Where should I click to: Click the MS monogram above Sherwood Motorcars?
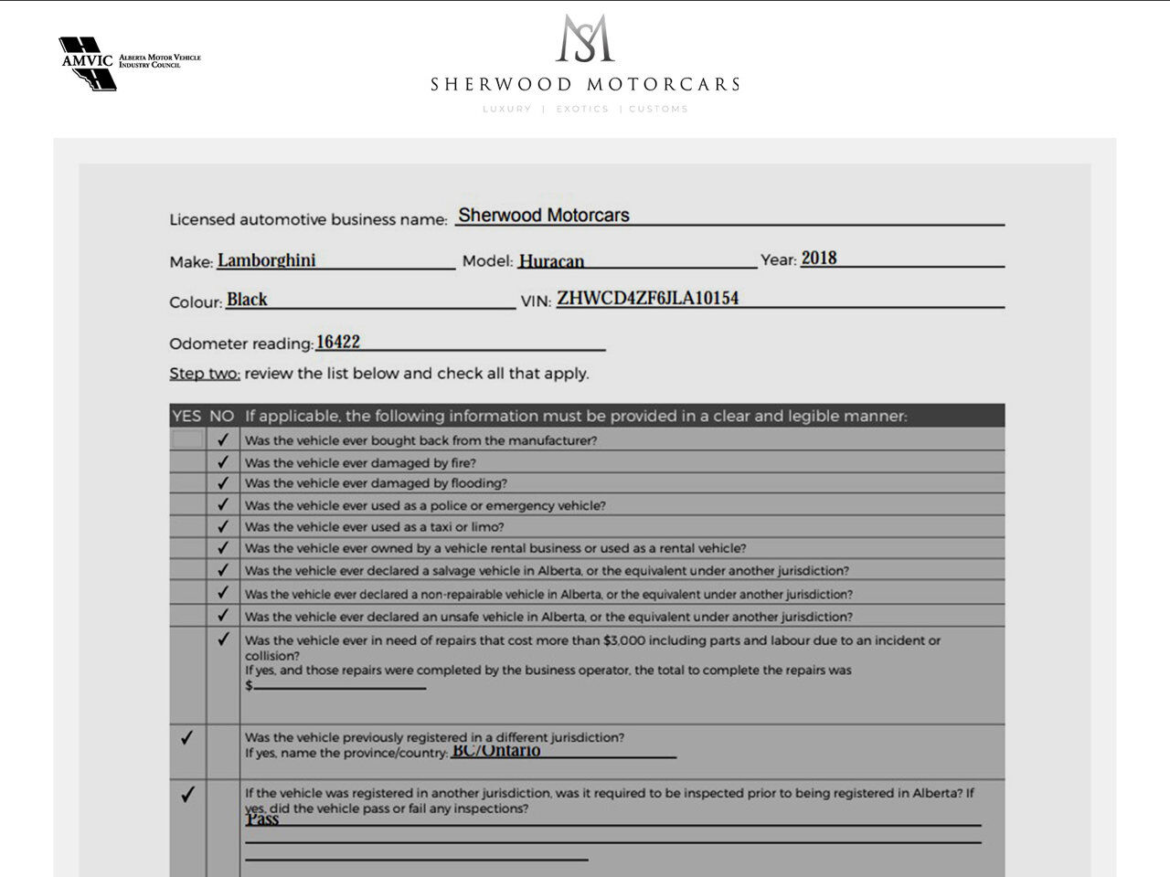tap(585, 38)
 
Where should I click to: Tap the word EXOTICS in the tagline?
tap(582, 109)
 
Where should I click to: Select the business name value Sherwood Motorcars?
tap(544, 216)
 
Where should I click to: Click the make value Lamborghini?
tap(267, 260)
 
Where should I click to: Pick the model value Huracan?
tap(551, 261)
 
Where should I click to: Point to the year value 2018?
tap(819, 258)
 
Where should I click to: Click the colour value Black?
tap(247, 300)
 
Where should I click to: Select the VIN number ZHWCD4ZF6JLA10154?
tap(647, 298)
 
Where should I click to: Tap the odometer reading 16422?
tap(337, 342)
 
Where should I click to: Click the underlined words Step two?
tap(204, 374)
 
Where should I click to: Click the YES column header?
tap(186, 416)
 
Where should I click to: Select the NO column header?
tap(222, 416)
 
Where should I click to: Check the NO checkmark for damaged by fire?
tap(223, 462)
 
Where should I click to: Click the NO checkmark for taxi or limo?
tap(223, 526)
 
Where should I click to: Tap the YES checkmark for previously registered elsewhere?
tap(187, 737)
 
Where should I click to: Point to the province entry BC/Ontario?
tap(495, 751)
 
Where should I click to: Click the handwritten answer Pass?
tap(262, 819)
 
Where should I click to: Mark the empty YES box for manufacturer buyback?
tap(187, 439)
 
